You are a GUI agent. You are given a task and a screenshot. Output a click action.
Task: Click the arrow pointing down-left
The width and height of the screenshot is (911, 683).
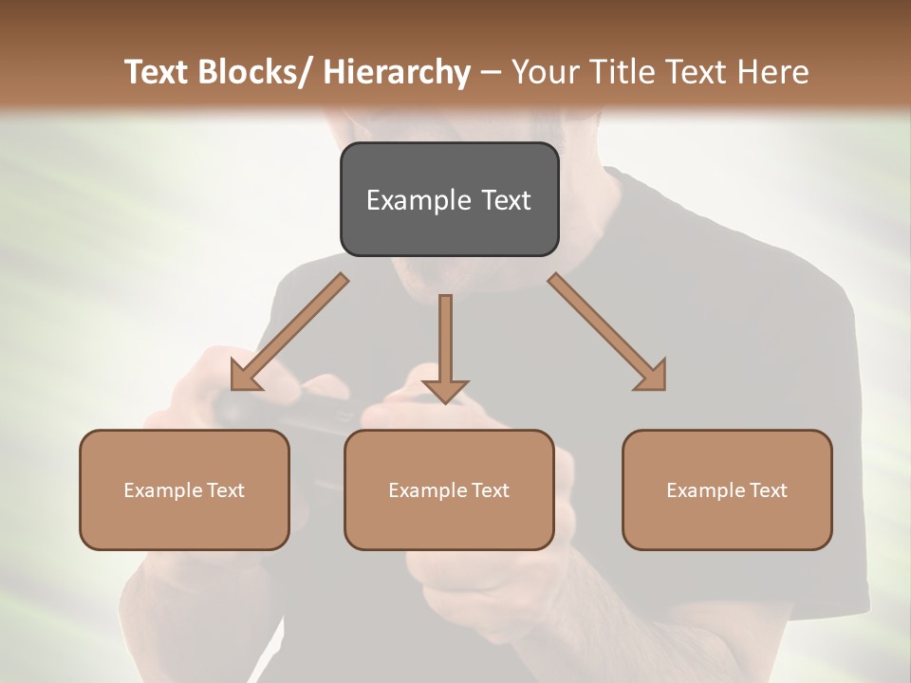click(x=289, y=332)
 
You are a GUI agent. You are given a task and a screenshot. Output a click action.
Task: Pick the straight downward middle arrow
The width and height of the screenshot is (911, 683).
click(x=445, y=346)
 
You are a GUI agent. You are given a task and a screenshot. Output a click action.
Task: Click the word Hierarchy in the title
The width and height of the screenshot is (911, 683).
click(x=397, y=72)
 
